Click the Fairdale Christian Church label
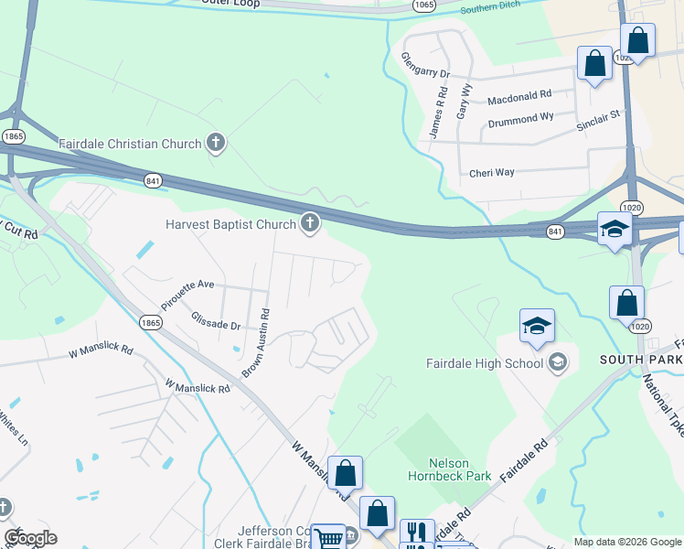130,144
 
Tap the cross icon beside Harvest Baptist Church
310,223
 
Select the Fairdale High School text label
485,363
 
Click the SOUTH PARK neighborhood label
640,360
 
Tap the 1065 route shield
423,5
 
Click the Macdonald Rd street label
519,94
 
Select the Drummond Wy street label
520,119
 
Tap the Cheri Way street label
491,172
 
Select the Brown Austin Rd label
256,343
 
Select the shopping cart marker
327,537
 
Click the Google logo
30,538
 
